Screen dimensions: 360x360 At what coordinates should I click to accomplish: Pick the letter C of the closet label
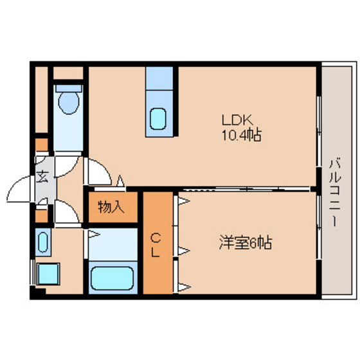[x=155, y=239]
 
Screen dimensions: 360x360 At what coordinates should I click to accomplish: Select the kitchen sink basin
[x=159, y=118]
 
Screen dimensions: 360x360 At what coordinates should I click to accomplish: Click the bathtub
[x=113, y=277]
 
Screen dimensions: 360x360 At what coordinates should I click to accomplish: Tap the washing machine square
[x=49, y=274]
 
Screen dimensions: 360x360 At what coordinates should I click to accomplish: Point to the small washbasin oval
[x=43, y=243]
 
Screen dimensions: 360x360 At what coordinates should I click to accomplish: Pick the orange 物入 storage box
[x=112, y=207]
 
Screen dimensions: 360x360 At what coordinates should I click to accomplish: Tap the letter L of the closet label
[x=155, y=253]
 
